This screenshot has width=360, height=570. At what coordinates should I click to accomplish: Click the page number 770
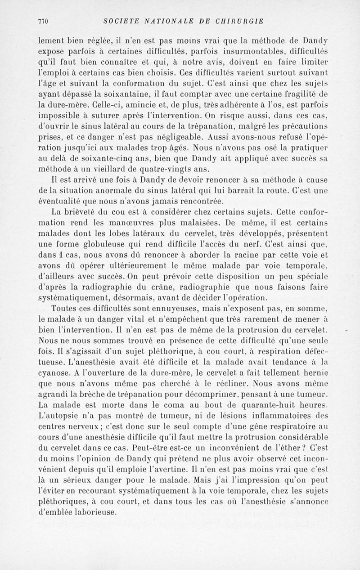pyautogui.click(x=43, y=21)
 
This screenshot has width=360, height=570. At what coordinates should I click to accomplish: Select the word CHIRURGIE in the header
pyautogui.click(x=242, y=21)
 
